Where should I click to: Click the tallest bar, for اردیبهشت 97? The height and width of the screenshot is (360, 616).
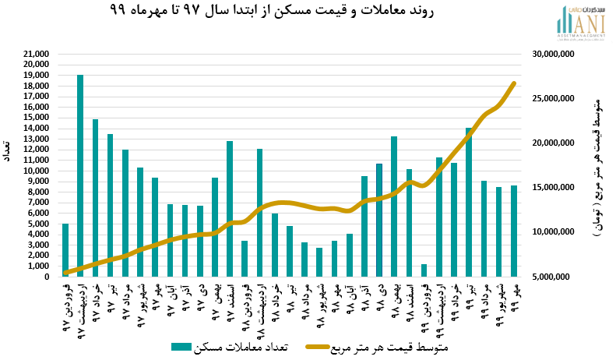click(x=80, y=176)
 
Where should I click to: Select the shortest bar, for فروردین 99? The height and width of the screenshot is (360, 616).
click(x=424, y=270)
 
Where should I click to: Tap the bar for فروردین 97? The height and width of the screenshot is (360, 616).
click(x=65, y=250)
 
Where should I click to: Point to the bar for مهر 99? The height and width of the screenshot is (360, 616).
click(x=514, y=231)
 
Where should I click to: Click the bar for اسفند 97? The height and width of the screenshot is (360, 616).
click(x=230, y=209)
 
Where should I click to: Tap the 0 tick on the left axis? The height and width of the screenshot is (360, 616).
click(x=47, y=277)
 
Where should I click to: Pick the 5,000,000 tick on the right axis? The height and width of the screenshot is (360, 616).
click(x=554, y=277)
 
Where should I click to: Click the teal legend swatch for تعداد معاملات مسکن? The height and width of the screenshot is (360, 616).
click(x=181, y=347)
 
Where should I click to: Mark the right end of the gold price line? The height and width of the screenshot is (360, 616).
click(x=514, y=83)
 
